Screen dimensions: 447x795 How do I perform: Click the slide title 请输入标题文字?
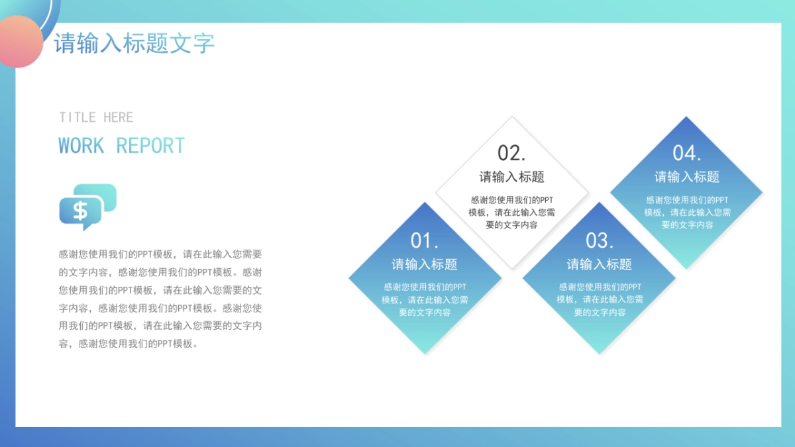[x=134, y=44]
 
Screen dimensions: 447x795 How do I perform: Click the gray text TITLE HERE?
[x=96, y=117]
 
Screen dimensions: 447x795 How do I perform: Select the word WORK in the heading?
[x=81, y=146]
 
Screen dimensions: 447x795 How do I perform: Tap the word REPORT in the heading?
[x=150, y=146]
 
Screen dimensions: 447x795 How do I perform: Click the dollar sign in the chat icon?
[x=80, y=211]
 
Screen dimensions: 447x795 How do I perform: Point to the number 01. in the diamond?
[x=425, y=240]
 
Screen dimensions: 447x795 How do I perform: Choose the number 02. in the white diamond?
[x=511, y=153]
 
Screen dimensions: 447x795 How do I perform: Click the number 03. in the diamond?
[x=600, y=240]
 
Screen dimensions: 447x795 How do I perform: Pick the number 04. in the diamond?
[x=687, y=153]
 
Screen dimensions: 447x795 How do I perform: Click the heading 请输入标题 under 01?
[x=425, y=264]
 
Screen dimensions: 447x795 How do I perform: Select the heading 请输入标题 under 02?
[x=511, y=177]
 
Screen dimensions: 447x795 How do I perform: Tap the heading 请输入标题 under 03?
[x=600, y=264]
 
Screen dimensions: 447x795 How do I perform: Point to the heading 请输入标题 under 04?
[x=687, y=177]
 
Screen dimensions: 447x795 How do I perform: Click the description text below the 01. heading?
[x=425, y=299]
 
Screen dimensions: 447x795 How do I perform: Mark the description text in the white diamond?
[x=511, y=212]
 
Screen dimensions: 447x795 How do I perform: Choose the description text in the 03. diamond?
[x=600, y=299]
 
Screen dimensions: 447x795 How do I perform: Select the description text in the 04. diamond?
[x=687, y=212]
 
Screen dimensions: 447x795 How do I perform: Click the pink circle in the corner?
[x=19, y=41]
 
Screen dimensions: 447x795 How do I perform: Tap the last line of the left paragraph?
[x=128, y=344]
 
